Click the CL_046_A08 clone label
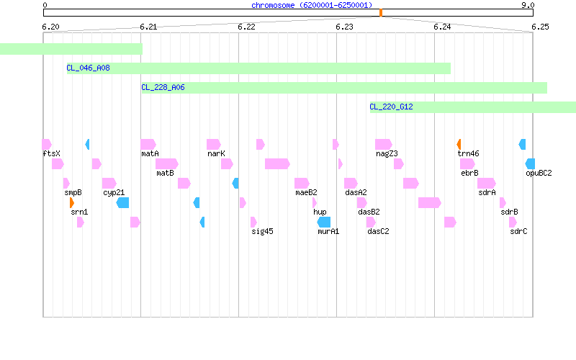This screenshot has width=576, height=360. coord(88,68)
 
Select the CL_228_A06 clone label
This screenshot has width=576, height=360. coord(163,87)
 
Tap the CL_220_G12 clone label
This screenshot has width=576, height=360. coord(391,107)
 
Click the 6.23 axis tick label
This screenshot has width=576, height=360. coord(344,27)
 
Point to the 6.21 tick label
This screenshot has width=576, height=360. coord(148,27)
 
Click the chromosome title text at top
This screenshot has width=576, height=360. coord(312,5)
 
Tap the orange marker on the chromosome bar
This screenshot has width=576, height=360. coord(381,13)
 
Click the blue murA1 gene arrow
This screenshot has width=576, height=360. coord(323,222)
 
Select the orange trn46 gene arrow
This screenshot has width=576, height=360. coord(459,145)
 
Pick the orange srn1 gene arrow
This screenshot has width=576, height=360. coord(72,203)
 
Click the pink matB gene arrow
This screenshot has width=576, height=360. coord(167,164)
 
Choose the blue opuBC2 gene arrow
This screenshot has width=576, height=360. coord(530,164)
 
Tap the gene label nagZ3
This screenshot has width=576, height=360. coord(387,153)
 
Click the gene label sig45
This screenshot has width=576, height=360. coord(262,231)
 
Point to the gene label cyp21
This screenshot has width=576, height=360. coord(114,192)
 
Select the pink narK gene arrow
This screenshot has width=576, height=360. coord(214,145)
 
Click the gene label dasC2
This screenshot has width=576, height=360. coord(378,231)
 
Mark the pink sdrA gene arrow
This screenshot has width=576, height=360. coord(487,184)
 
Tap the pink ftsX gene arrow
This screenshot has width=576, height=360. coord(47,145)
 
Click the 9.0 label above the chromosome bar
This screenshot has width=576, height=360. coord(528,5)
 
